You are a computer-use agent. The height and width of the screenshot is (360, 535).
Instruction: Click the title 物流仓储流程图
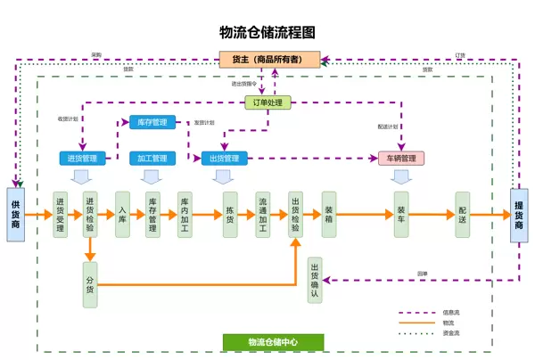267,32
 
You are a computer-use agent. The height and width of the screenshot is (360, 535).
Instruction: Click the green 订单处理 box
267,102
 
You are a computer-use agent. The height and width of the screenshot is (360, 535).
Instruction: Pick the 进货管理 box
82,159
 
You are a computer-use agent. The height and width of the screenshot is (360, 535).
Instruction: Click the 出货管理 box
224,159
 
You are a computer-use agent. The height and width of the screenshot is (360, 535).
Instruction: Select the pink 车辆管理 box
400,159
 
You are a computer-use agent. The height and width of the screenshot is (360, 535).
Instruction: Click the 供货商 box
15,214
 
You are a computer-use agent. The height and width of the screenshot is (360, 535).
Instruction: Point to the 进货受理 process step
60,214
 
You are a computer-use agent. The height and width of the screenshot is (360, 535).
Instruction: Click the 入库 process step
122,214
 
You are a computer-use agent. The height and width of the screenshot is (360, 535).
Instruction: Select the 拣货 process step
229,214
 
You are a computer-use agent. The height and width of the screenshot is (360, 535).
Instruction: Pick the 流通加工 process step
263,214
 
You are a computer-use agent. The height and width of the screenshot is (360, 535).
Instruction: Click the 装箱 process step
329,214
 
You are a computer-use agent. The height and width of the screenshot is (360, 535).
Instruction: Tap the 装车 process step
401,214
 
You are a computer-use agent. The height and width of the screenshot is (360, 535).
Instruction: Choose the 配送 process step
462,214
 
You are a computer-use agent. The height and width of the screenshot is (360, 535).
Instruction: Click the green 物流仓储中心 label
273,341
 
